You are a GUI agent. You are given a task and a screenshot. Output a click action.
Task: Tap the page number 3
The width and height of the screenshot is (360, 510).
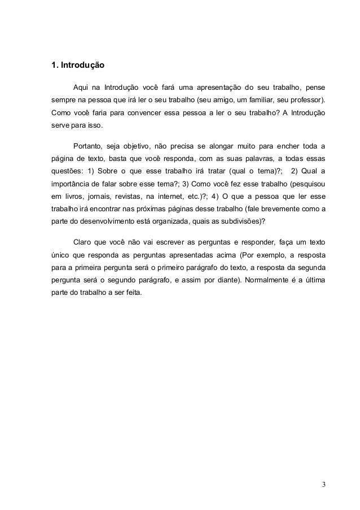[x=323, y=485]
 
